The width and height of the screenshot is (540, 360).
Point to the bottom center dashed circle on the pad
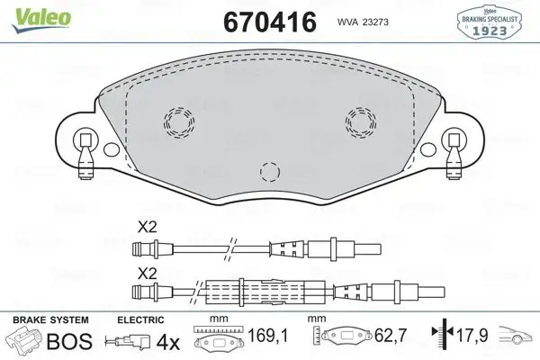click(x=268, y=171)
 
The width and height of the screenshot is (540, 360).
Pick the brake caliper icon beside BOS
click(x=24, y=342)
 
